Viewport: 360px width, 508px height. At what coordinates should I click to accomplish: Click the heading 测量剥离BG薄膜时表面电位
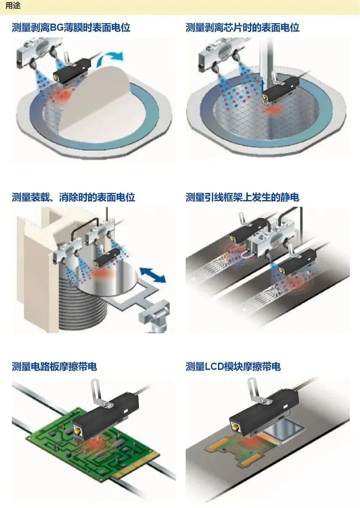[71, 28]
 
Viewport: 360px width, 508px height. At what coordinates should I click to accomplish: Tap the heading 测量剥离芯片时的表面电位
[243, 28]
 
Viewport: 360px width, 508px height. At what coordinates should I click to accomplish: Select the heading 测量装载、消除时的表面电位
[74, 197]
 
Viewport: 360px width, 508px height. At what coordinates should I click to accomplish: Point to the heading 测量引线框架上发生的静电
[243, 197]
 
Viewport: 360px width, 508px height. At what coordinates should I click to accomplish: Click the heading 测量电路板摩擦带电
[54, 366]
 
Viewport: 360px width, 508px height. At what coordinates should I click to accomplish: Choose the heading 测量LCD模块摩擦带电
[233, 366]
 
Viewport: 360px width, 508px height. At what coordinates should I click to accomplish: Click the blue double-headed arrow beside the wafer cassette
[152, 275]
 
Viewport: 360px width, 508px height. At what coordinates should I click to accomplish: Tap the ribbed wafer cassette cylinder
[82, 295]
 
